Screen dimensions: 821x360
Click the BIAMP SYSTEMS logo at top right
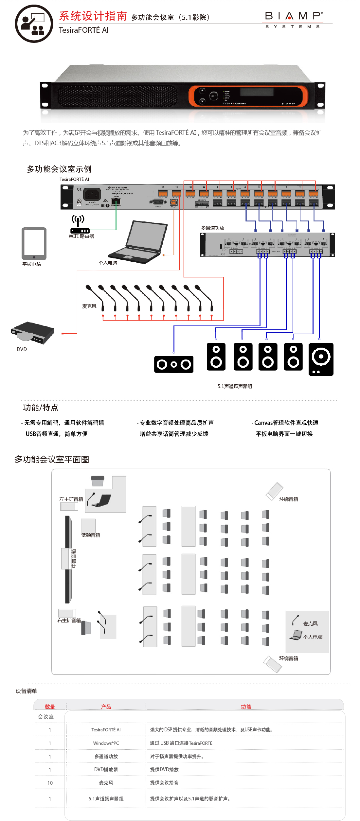[294, 20]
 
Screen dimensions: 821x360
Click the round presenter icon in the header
[34, 24]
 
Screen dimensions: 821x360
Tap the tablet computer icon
[34, 243]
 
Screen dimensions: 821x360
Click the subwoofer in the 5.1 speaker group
[321, 359]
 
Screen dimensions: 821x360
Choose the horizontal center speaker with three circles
[174, 364]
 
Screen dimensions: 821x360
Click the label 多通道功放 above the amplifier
[212, 228]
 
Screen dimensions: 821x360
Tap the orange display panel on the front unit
[248, 96]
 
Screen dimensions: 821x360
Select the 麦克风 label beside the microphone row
[89, 306]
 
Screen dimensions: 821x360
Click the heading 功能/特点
[41, 407]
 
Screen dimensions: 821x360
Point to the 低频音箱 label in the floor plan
[91, 535]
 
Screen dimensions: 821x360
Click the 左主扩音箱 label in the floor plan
[71, 499]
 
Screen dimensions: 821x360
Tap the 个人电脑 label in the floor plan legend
[313, 637]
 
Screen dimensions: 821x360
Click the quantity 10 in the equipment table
[50, 783]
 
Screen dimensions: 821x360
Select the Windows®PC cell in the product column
[106, 743]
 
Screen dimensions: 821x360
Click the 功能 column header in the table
[246, 707]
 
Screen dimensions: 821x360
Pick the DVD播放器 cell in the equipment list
[106, 769]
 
